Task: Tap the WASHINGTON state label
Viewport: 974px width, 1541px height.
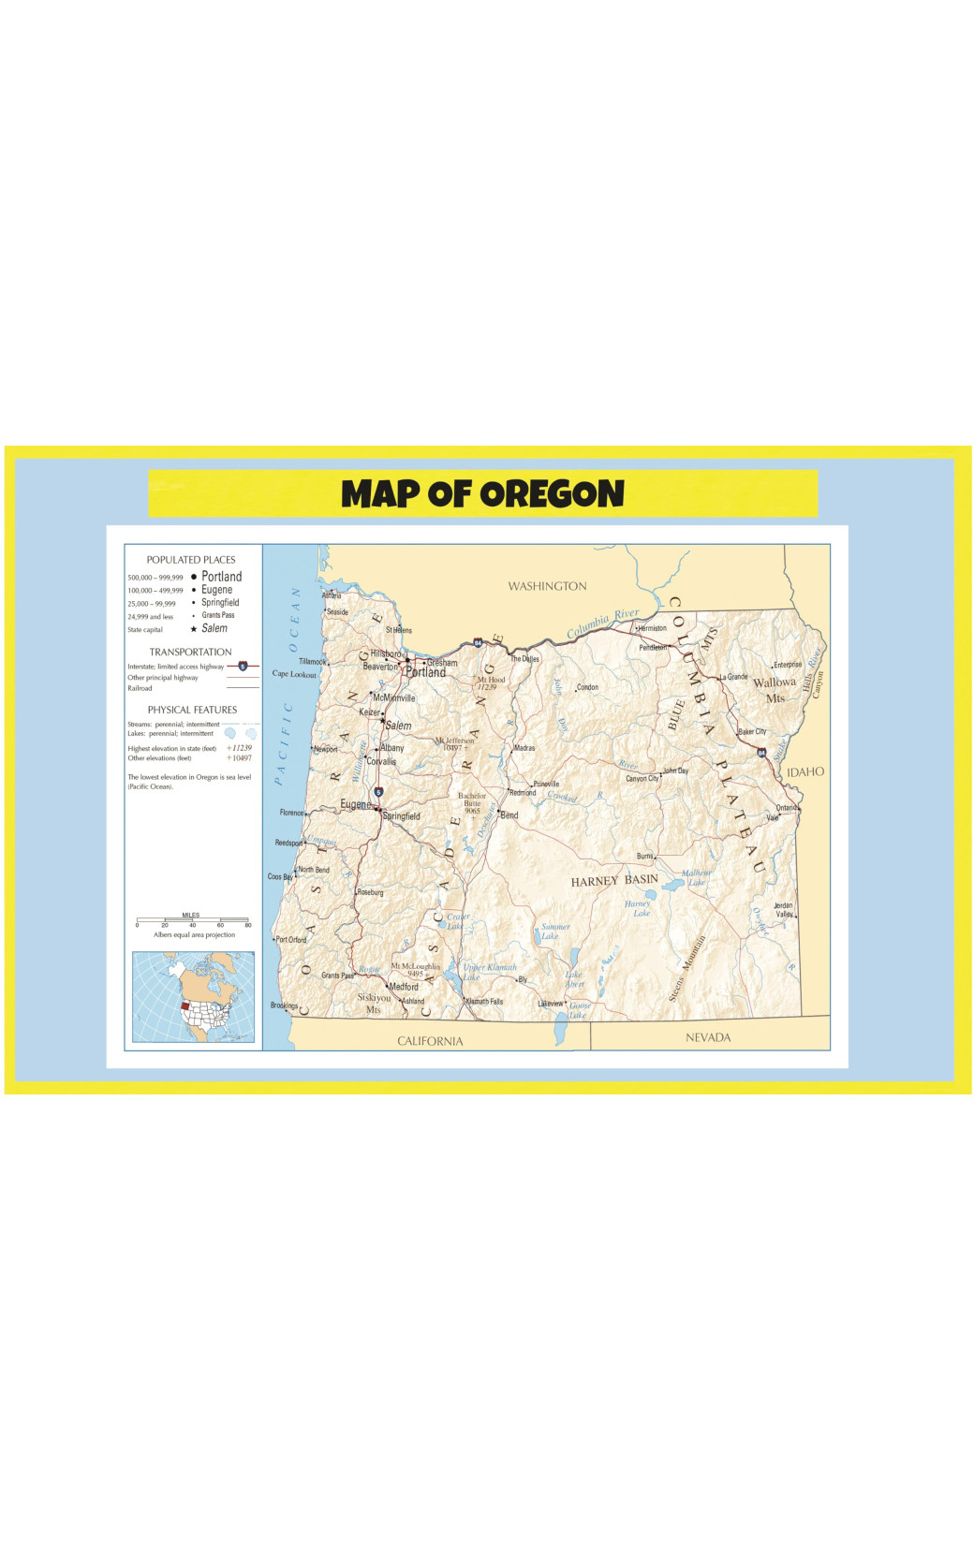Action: [x=547, y=586]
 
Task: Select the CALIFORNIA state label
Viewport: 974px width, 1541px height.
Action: [x=430, y=1040]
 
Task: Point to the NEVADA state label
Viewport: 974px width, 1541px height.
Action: [x=707, y=1036]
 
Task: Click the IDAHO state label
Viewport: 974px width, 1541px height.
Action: [x=804, y=771]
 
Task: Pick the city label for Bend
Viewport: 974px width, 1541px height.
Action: [x=509, y=815]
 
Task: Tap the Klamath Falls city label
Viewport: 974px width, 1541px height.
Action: [x=484, y=1001]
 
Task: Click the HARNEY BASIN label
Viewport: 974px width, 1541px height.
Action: [x=614, y=880]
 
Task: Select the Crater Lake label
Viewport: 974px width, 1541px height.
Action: [x=457, y=921]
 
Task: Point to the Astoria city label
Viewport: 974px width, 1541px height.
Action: [x=332, y=594]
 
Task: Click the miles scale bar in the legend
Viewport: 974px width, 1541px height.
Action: [x=192, y=920]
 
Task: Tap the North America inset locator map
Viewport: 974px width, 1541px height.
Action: [x=193, y=996]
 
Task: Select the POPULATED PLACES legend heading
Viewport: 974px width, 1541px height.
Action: [x=191, y=559]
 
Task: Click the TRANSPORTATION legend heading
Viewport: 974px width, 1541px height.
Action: [x=190, y=652]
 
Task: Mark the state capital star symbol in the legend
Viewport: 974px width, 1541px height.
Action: [x=194, y=629]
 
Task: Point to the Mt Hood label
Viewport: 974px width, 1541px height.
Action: [x=490, y=682]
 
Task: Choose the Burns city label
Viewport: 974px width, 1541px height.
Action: [x=644, y=856]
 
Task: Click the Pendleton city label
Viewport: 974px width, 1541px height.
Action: [x=653, y=647]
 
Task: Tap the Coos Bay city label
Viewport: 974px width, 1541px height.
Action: [x=280, y=877]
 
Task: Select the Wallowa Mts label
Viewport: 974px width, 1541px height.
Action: [x=775, y=689]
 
